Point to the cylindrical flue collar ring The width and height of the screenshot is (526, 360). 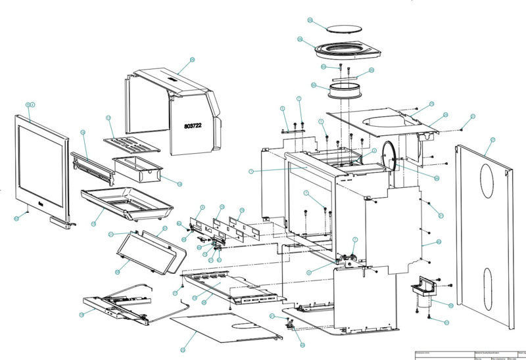click(x=346, y=89)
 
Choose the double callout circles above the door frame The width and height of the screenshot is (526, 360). click(x=30, y=105)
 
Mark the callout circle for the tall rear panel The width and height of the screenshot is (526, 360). click(x=492, y=140)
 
